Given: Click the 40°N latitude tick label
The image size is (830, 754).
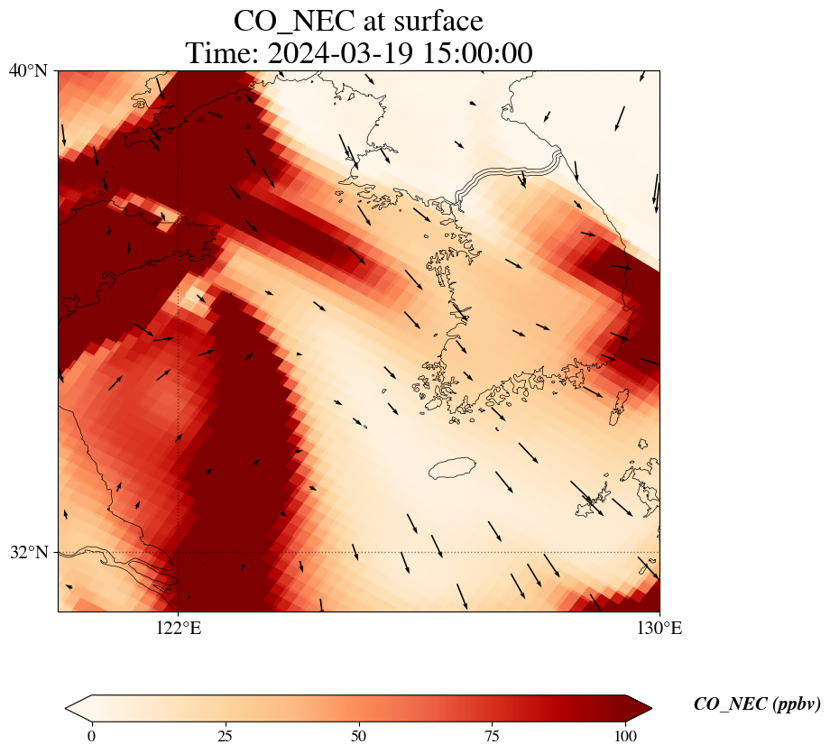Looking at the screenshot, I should tap(28, 70).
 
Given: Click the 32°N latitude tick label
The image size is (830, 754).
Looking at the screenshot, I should tap(28, 552).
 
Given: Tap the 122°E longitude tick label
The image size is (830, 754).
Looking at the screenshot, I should tap(179, 629).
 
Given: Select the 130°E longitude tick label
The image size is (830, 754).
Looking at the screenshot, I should tap(659, 629).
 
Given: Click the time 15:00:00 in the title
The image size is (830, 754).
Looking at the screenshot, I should tap(475, 53).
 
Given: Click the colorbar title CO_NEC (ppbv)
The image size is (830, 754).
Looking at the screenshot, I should tap(756, 704).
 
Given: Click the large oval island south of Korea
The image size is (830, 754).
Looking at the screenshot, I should tap(452, 468).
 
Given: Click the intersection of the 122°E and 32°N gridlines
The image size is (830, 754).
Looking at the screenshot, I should tap(179, 552).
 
